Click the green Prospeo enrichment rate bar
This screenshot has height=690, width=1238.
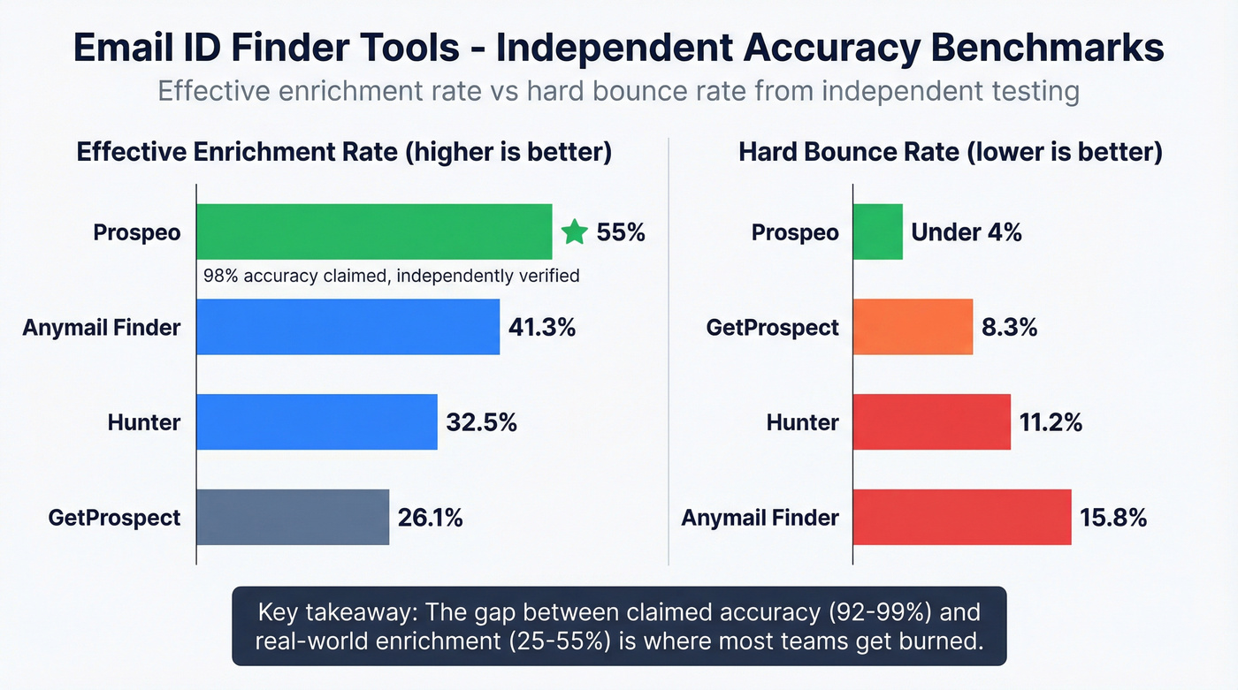point(373,231)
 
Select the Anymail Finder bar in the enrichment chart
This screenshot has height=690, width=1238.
point(348,327)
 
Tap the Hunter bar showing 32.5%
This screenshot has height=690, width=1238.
point(317,422)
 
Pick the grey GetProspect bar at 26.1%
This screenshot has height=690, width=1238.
point(293,517)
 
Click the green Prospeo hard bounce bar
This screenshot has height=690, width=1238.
point(877,231)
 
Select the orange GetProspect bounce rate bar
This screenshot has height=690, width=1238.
point(913,327)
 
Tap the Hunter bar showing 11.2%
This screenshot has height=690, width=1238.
point(931,422)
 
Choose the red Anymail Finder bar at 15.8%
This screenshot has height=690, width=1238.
point(962,517)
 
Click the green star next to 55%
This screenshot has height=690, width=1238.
point(574,232)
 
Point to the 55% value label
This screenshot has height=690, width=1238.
point(621,232)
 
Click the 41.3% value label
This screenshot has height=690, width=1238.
point(542,327)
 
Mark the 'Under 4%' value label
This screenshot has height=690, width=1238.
point(967,232)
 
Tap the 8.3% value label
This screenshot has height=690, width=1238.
point(1009,327)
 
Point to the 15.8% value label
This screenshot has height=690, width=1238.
point(1113,517)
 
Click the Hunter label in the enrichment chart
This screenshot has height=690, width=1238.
point(144,422)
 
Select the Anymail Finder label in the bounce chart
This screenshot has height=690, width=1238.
point(760,517)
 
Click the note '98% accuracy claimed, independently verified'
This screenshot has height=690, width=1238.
point(391,276)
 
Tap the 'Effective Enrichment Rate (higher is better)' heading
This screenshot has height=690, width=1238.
point(344,152)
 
